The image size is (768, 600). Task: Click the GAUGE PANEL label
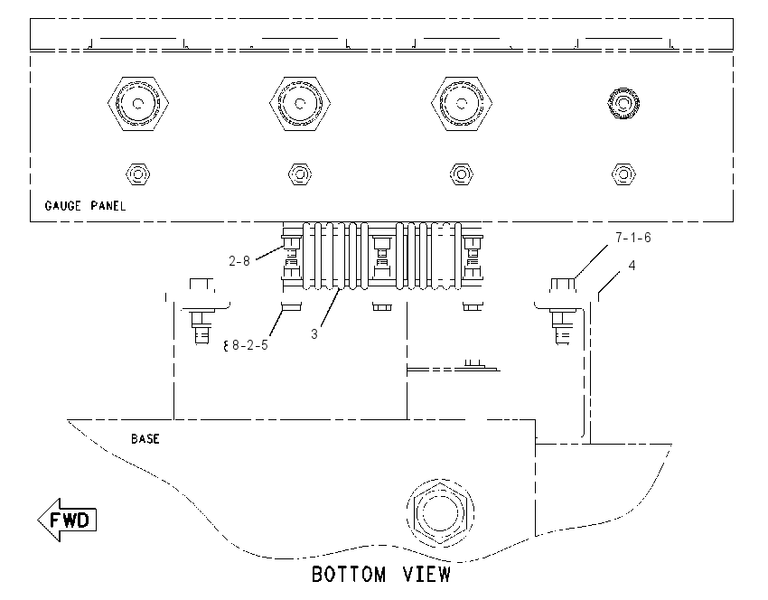coord(85,206)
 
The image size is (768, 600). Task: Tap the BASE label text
coord(145,439)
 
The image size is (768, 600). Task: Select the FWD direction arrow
coord(67,520)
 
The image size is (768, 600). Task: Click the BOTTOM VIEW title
coord(381,574)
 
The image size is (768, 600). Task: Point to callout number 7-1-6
coord(633,238)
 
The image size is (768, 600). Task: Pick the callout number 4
coord(632,266)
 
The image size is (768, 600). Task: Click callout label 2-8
coord(239,261)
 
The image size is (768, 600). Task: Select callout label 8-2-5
coord(249,345)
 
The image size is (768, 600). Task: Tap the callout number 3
coord(314,334)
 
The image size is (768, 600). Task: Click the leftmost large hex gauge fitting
coord(138,103)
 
